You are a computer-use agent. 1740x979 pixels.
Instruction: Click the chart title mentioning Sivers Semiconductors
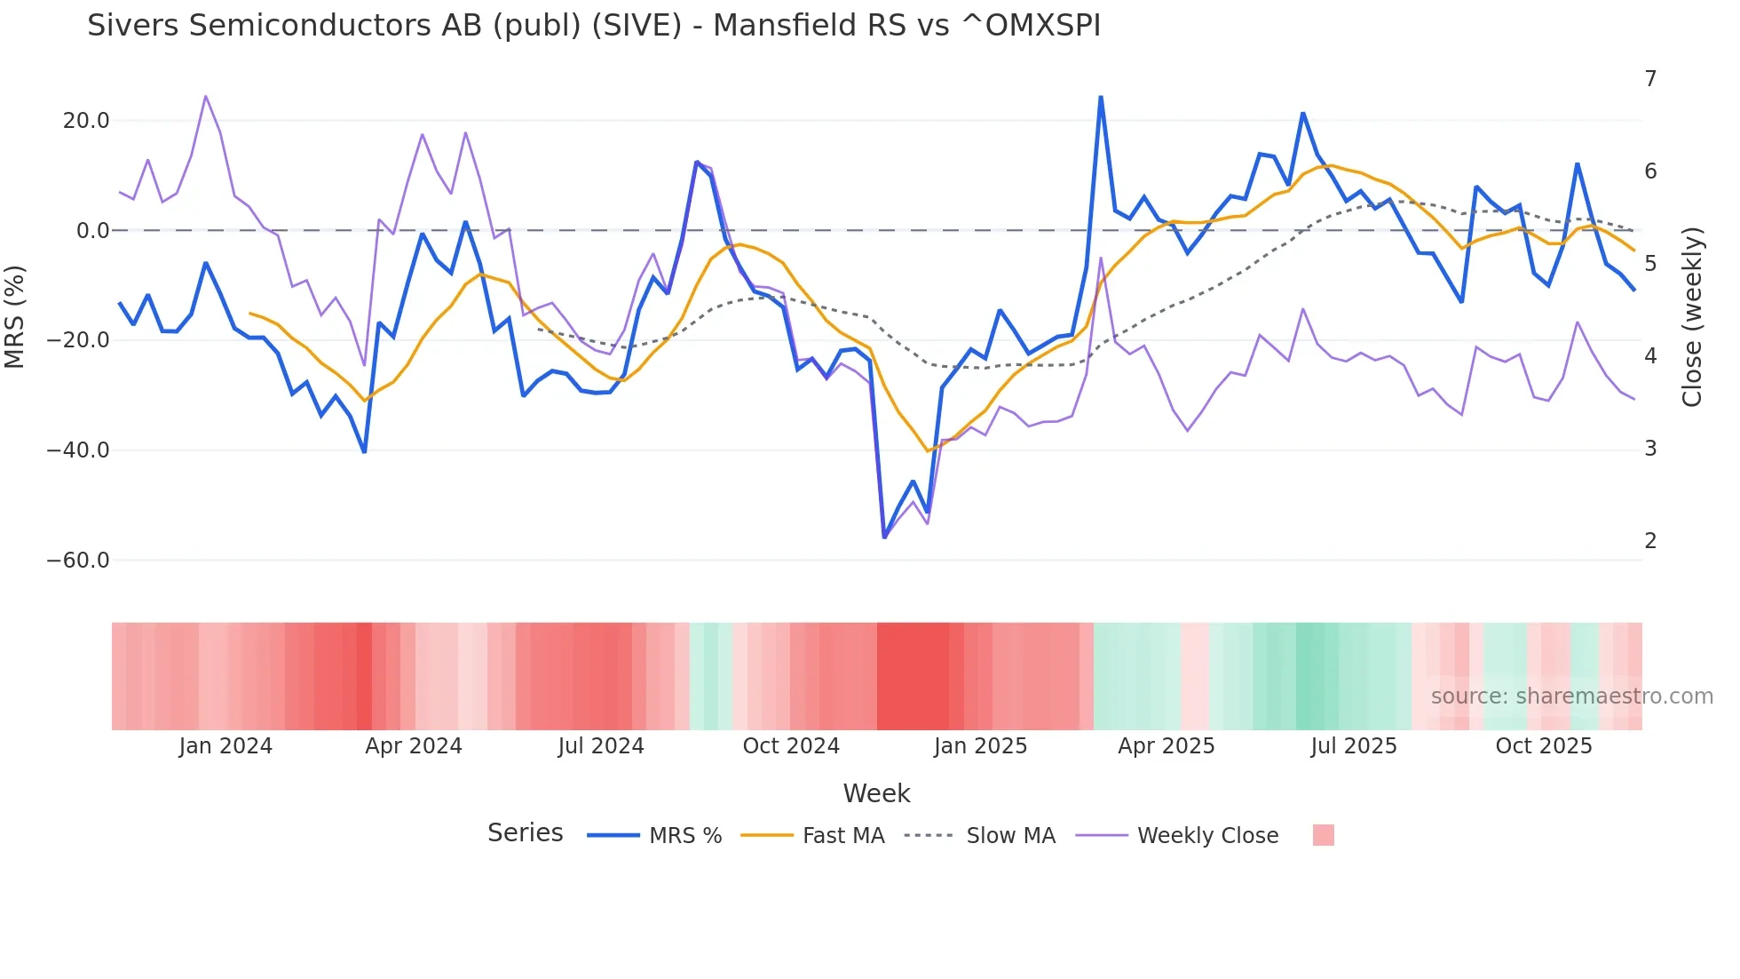[x=593, y=26]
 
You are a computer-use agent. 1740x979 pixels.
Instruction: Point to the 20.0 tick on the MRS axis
[x=86, y=121]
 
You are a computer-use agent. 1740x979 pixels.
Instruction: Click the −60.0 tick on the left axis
[x=78, y=561]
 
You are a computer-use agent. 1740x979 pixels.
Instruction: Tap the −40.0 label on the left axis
[x=78, y=450]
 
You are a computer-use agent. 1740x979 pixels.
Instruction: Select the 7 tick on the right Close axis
[x=1650, y=79]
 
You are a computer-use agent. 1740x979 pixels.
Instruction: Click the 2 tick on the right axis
[x=1650, y=541]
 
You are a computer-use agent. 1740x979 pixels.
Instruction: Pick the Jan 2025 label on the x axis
[x=980, y=746]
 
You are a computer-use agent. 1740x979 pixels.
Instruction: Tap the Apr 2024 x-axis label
[x=414, y=746]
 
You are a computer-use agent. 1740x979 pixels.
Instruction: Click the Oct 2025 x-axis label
[x=1544, y=746]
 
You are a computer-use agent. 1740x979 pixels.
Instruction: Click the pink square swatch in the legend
[x=1323, y=835]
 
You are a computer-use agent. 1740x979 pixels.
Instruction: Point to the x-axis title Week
[x=876, y=793]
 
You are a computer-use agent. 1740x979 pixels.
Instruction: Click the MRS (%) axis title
[x=15, y=317]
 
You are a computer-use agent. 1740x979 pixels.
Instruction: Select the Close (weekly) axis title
[x=1692, y=317]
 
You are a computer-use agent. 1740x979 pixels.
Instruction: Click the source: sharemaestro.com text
[x=1571, y=696]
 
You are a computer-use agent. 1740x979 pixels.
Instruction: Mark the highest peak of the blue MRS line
[x=1101, y=97]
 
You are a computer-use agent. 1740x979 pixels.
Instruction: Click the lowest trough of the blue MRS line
[x=884, y=537]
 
